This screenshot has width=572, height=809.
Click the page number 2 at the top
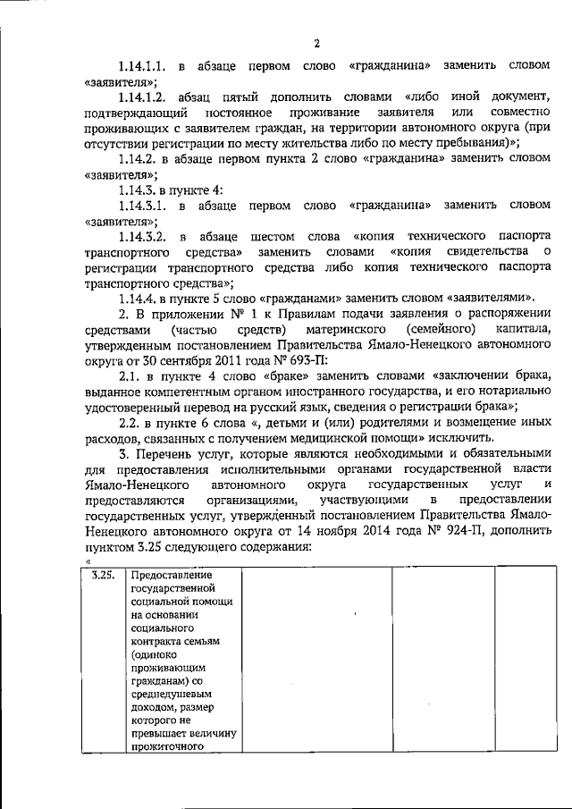(x=315, y=43)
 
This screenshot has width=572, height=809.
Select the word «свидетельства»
(x=497, y=252)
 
